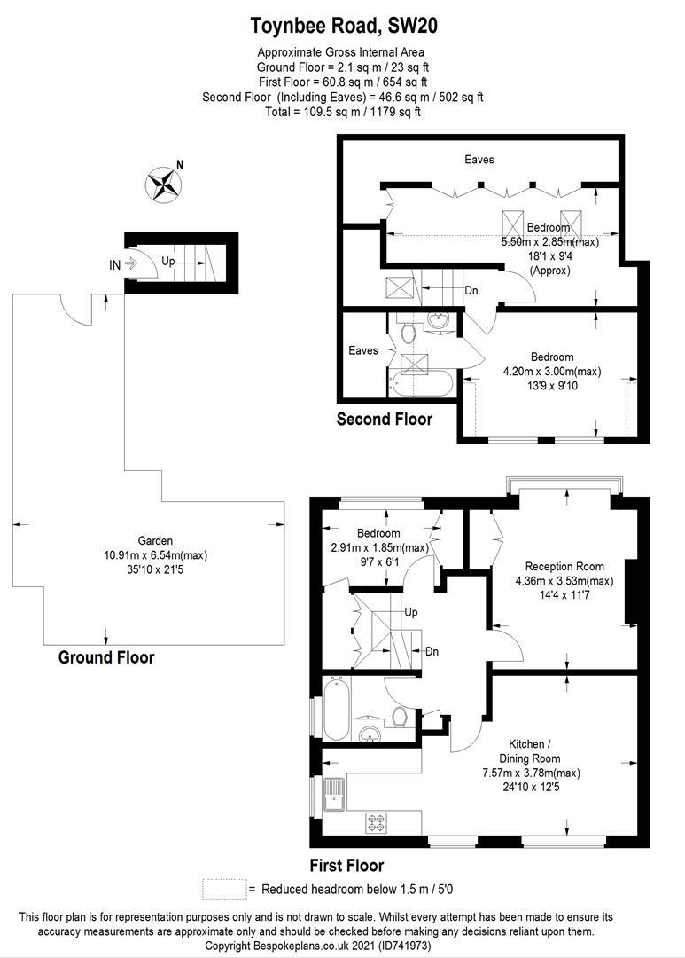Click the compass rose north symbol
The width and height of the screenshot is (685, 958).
pyautogui.click(x=163, y=184)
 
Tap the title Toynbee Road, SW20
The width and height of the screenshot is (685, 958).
pyautogui.click(x=343, y=27)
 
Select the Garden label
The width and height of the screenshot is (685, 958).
pyautogui.click(x=154, y=540)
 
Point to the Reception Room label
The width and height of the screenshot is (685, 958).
pyautogui.click(x=564, y=567)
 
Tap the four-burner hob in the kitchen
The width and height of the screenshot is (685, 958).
pyautogui.click(x=377, y=822)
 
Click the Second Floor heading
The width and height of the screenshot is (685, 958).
pyautogui.click(x=384, y=419)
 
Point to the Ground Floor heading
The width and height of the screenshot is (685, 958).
pyautogui.click(x=105, y=657)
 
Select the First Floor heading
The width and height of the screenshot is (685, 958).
pyautogui.click(x=346, y=865)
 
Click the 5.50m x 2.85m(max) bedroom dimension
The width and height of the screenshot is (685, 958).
pyautogui.click(x=549, y=242)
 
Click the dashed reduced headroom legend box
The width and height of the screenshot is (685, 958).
pyautogui.click(x=223, y=889)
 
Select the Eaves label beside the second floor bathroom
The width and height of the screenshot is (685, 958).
pyautogui.click(x=362, y=350)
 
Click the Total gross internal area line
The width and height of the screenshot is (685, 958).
pyautogui.click(x=342, y=112)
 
